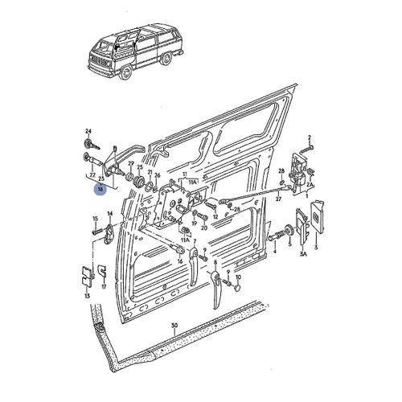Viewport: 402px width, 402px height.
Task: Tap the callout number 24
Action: (89, 130)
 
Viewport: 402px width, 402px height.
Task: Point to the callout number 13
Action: (86, 296)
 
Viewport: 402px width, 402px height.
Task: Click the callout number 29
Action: (131, 163)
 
